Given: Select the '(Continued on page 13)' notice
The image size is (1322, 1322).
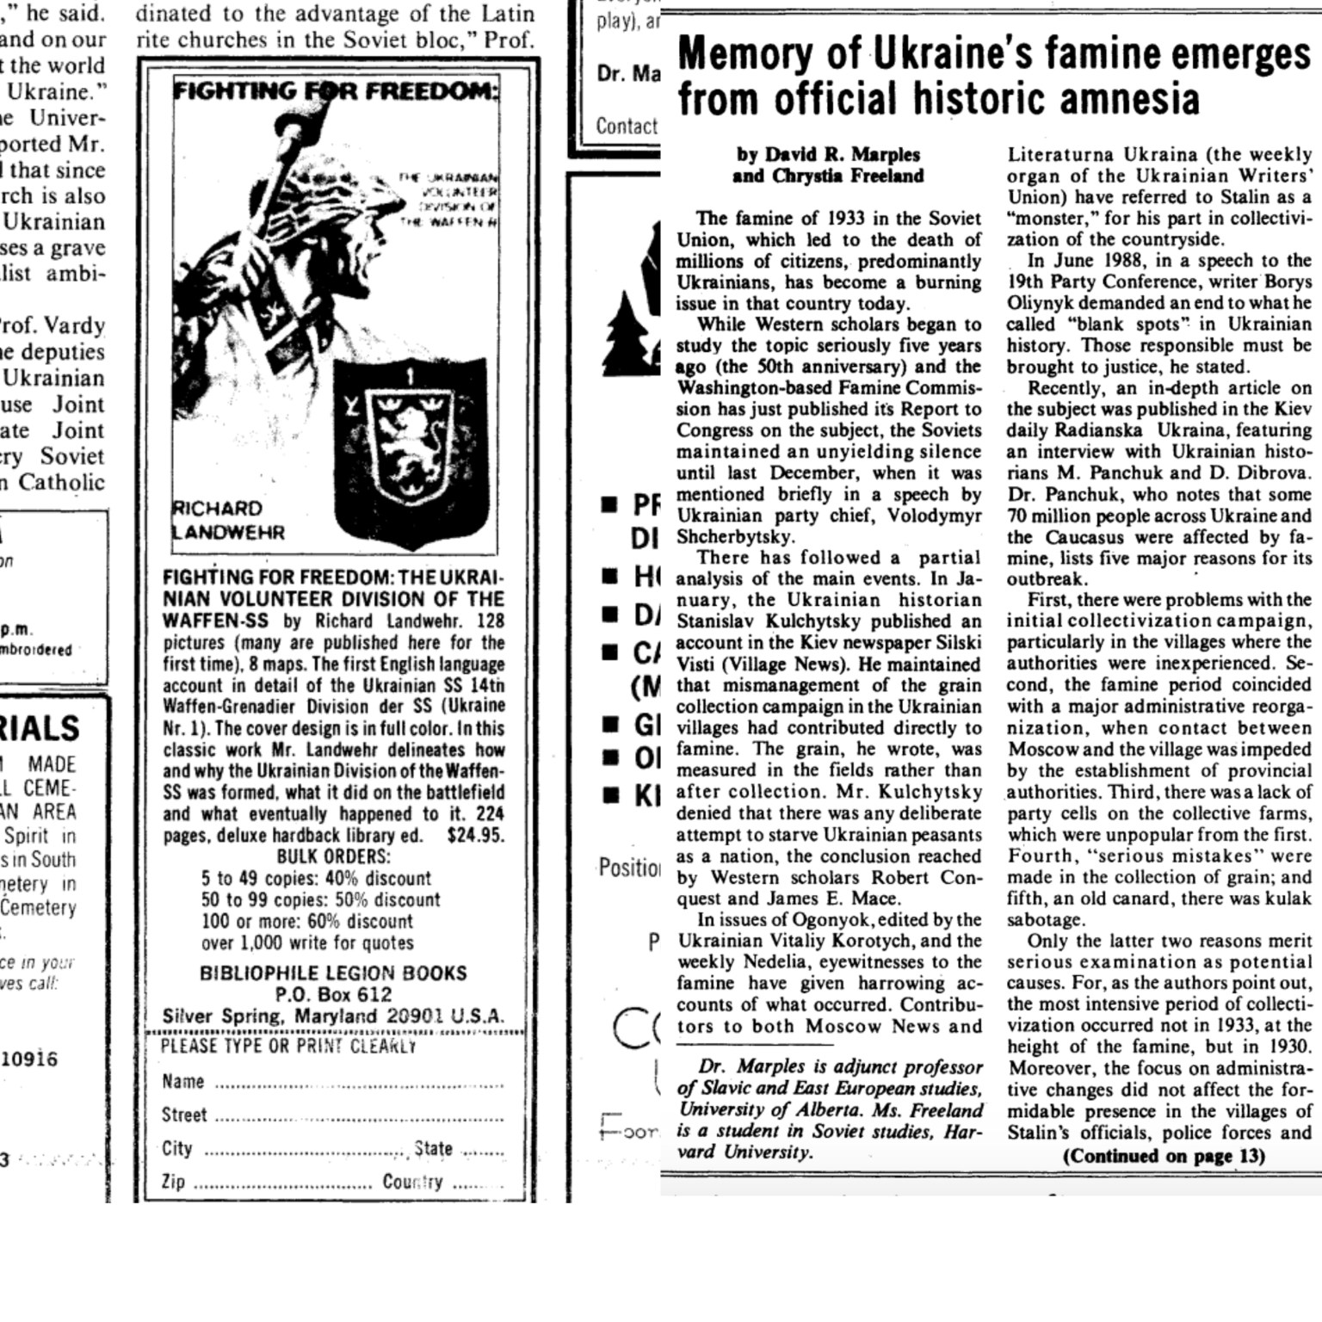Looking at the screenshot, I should tap(1164, 1156).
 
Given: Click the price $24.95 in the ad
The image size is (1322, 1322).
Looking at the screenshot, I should tap(475, 835).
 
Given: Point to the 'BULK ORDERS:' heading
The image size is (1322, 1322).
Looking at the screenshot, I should tap(333, 856).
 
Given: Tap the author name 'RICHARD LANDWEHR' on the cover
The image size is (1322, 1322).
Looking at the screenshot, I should tap(229, 520).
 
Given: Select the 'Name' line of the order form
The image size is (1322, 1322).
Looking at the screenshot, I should tap(332, 1082).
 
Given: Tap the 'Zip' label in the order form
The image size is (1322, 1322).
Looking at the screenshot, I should tap(173, 1182).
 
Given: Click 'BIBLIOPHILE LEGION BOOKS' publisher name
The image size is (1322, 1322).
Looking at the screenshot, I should tap(333, 973).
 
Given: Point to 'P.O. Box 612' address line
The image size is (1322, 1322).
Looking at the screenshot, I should tap(333, 995).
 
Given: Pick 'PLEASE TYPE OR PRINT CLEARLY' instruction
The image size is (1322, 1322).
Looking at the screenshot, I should tap(288, 1046).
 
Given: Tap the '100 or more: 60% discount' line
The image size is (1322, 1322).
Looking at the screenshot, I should tap(307, 921).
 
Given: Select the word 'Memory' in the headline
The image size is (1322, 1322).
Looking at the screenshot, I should tap(744, 54).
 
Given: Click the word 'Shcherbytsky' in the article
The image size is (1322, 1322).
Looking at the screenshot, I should tap(734, 537).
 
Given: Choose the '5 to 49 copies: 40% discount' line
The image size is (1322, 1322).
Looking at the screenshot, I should tap(316, 878).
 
